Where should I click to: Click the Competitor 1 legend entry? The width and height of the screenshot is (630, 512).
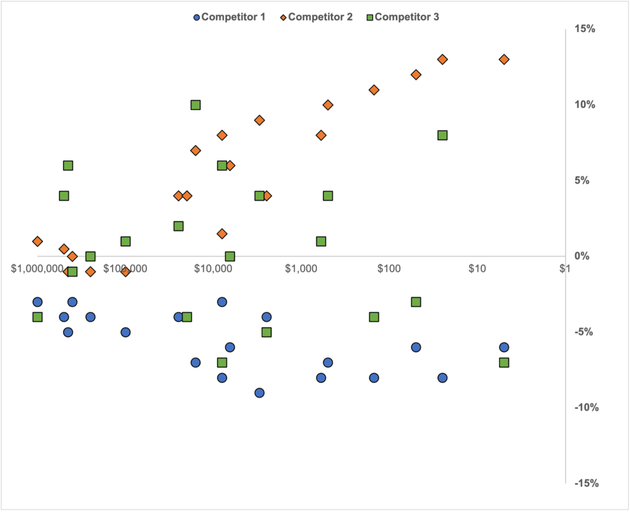point(229,17)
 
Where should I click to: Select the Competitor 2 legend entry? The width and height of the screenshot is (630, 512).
point(316,17)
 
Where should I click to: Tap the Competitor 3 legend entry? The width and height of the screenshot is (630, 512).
point(404,17)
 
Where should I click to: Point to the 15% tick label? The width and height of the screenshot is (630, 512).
point(586,29)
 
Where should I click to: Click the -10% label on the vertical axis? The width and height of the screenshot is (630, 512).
point(584,407)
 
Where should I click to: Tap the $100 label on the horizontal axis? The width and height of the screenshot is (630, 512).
point(389,269)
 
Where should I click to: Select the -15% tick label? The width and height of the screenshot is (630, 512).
point(584,483)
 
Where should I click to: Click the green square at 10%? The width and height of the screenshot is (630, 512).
point(196,105)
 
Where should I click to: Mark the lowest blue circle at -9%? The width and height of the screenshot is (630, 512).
point(260,393)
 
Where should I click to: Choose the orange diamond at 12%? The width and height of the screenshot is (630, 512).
point(416,74)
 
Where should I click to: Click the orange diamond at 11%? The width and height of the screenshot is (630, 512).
point(373,90)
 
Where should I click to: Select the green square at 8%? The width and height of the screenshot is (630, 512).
point(442,135)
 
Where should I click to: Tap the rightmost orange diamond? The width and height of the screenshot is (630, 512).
point(504,60)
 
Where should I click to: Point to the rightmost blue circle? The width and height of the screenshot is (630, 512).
point(504,347)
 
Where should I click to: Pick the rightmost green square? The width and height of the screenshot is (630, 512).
point(504,362)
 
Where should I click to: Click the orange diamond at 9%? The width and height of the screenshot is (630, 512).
point(260,120)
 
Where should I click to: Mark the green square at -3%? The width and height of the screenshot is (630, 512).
point(416,302)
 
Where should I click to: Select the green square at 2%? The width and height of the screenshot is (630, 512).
point(178,226)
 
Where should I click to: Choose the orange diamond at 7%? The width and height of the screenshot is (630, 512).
point(196,150)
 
